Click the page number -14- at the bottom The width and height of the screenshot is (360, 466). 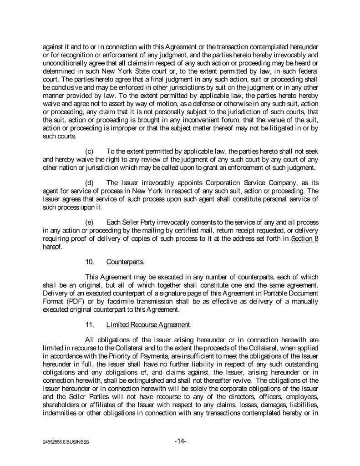pos(181,441)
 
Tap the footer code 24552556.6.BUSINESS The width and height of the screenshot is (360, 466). pos(63,442)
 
